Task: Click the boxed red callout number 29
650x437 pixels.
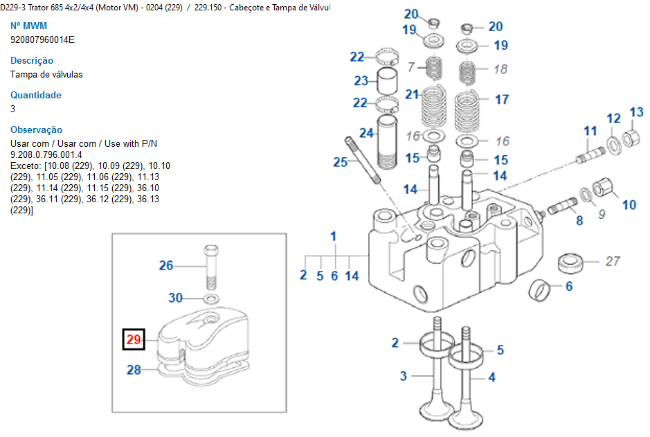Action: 134,339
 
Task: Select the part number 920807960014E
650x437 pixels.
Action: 42,39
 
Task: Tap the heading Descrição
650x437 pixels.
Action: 32,60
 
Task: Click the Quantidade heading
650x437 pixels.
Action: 36,95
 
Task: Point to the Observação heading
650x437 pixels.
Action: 37,130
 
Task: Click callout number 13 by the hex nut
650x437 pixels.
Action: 636,112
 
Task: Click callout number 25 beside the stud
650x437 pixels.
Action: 340,162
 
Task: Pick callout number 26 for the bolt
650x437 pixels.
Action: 166,265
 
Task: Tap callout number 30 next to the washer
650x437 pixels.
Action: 177,298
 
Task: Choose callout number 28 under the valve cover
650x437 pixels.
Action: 134,370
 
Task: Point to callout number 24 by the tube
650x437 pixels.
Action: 366,132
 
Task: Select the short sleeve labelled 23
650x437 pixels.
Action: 388,82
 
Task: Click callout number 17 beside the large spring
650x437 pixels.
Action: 502,100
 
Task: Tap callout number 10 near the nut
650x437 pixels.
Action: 629,204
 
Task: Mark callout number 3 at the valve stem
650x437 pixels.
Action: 403,376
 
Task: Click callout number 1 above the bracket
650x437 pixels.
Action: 333,237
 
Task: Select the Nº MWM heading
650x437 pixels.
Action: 29,26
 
